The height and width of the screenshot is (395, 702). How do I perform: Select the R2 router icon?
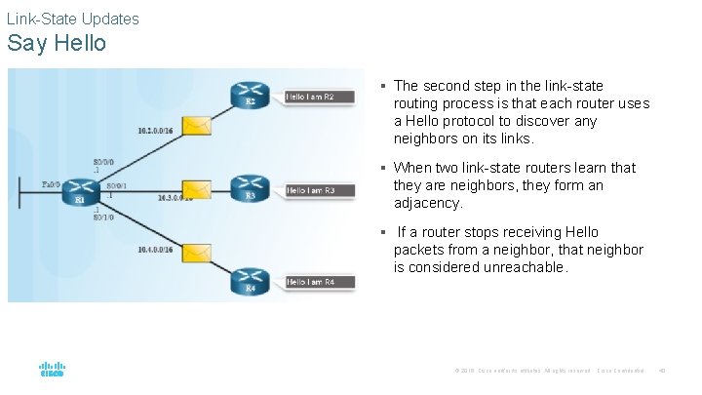pyautogui.click(x=251, y=95)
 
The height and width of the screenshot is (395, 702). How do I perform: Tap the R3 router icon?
pyautogui.click(x=251, y=187)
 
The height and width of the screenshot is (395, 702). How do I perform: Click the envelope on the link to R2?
pyautogui.click(x=199, y=125)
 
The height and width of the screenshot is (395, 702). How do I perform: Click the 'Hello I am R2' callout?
pyautogui.click(x=310, y=97)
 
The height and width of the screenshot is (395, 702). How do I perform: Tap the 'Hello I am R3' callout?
pyautogui.click(x=310, y=190)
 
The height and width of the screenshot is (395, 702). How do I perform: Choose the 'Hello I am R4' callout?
pyautogui.click(x=310, y=282)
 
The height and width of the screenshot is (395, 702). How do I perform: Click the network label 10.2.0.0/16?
pyautogui.click(x=155, y=130)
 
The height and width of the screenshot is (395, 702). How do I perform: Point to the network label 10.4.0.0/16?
pyautogui.click(x=155, y=251)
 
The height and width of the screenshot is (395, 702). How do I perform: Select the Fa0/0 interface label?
pyautogui.click(x=52, y=183)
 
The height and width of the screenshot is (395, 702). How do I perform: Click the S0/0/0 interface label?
pyautogui.click(x=103, y=161)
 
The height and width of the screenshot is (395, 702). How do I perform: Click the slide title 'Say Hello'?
pyautogui.click(x=57, y=44)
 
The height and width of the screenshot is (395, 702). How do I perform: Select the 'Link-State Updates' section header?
pyautogui.click(x=73, y=19)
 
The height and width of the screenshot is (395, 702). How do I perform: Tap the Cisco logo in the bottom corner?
pyautogui.click(x=52, y=370)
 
